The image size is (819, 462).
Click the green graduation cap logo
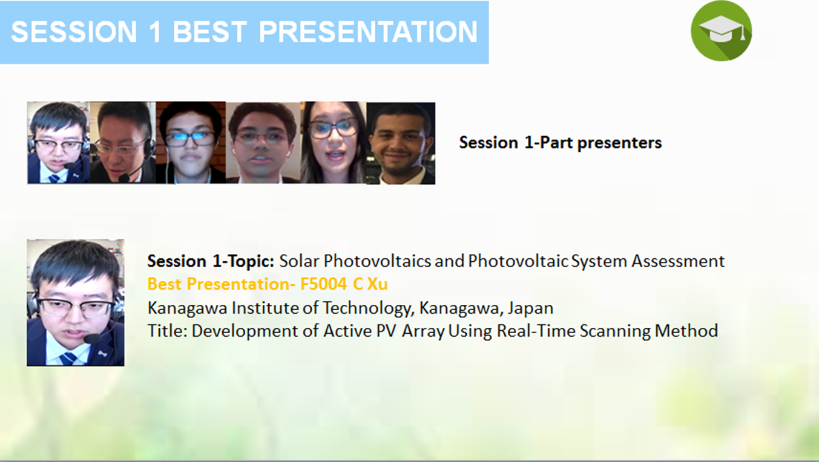click(721, 31)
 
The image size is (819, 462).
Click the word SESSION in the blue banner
click(74, 32)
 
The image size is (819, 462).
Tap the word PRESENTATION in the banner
click(368, 32)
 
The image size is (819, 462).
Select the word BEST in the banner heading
click(210, 32)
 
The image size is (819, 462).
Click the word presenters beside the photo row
click(619, 143)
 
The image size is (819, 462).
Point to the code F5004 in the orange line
click(324, 284)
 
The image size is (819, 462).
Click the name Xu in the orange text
click(377, 284)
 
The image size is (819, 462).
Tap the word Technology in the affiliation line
click(369, 308)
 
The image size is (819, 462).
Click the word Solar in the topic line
click(299, 261)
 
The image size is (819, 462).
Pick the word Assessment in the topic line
click(678, 261)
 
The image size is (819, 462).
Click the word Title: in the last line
click(168, 331)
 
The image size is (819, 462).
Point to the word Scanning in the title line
click(615, 331)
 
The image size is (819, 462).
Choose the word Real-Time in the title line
click(536, 331)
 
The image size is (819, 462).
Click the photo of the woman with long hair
click(334, 143)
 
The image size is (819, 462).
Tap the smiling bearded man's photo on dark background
click(401, 143)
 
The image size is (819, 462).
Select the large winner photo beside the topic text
click(75, 303)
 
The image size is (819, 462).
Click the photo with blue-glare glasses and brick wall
click(191, 143)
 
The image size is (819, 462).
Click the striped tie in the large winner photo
click(68, 359)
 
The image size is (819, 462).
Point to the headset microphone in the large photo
click(92, 339)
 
